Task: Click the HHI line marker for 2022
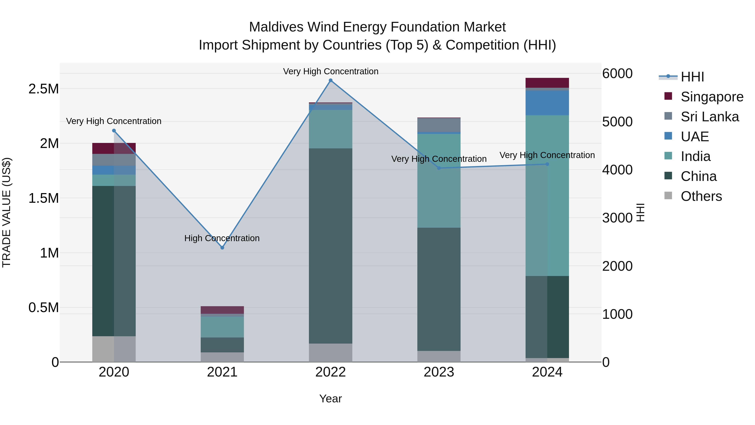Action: click(331, 80)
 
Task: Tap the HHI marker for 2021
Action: click(222, 248)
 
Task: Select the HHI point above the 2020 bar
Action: click(114, 131)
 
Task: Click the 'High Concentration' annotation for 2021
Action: click(222, 238)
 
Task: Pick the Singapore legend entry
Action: click(712, 97)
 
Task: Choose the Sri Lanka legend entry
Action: click(709, 117)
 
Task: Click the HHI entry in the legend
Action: click(692, 77)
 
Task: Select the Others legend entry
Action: click(701, 196)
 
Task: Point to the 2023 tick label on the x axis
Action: click(439, 372)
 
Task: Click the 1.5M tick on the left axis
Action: click(44, 198)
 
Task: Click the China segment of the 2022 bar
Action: click(331, 246)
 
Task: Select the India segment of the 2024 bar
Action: click(547, 195)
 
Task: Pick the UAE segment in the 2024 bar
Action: click(547, 103)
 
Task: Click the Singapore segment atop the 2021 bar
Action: click(222, 310)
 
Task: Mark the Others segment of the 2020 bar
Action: click(114, 349)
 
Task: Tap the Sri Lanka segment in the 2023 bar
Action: click(439, 125)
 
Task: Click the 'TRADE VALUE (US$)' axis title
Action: click(7, 212)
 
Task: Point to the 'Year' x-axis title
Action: click(330, 399)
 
